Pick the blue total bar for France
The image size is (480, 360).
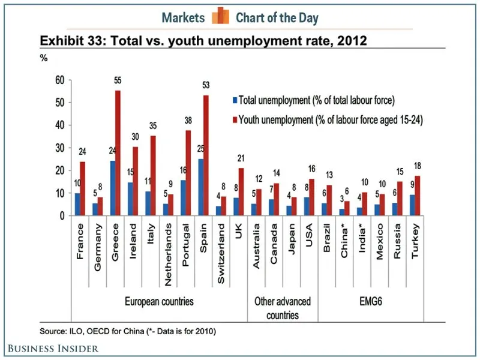pyautogui.click(x=77, y=205)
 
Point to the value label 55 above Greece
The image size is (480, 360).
pyautogui.click(x=118, y=80)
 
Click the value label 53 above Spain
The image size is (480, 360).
pyautogui.click(x=206, y=84)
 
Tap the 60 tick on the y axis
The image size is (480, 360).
pyautogui.click(x=59, y=80)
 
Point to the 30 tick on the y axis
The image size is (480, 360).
pyautogui.click(x=59, y=148)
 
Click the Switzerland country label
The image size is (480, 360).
pyautogui.click(x=221, y=246)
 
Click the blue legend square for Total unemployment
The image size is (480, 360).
pyautogui.click(x=235, y=100)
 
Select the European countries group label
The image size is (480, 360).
pyautogui.click(x=158, y=301)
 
